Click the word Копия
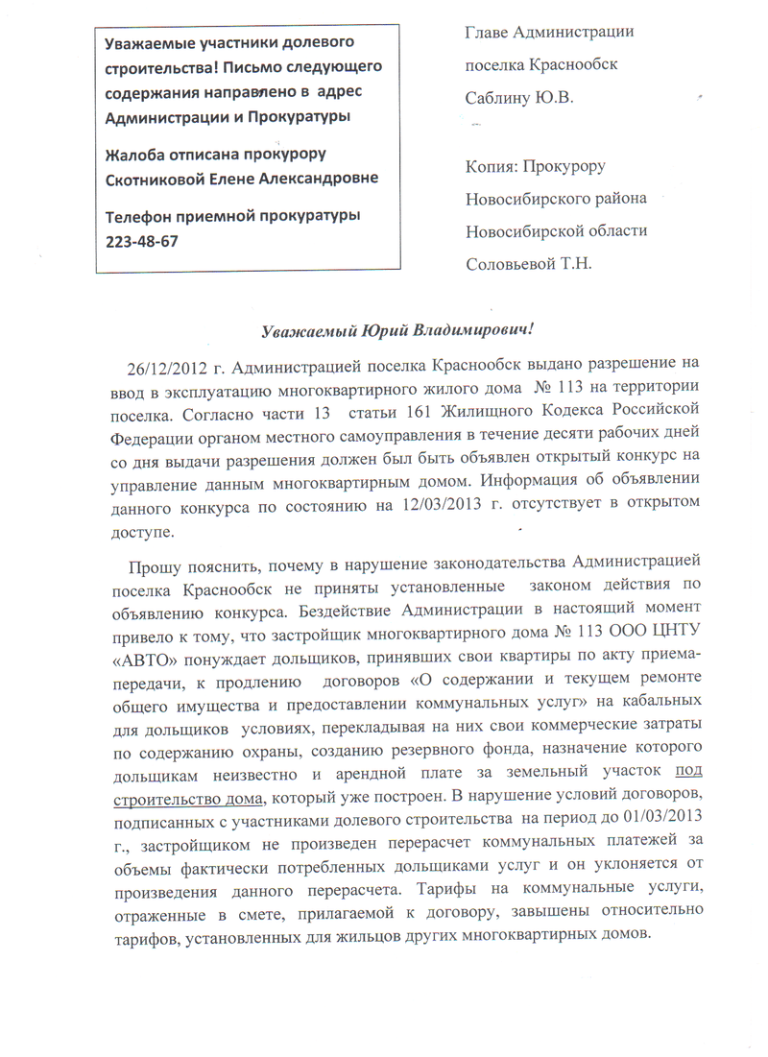click(490, 165)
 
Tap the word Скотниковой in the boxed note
click(155, 180)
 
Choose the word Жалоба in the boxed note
click(132, 155)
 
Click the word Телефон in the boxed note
click(139, 217)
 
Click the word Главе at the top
click(487, 33)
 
